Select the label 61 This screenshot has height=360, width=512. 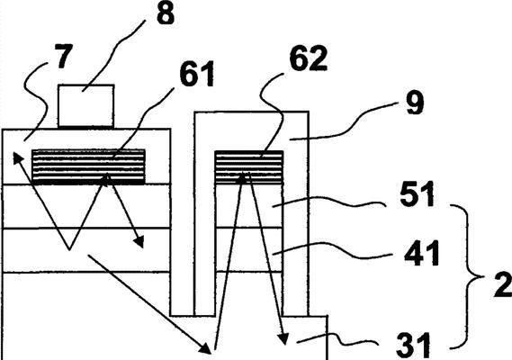[197, 74]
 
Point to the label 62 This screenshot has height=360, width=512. [309, 58]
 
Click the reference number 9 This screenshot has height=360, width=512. [416, 103]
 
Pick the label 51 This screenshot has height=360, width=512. [418, 194]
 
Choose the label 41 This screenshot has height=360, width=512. [422, 253]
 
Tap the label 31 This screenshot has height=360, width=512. [414, 346]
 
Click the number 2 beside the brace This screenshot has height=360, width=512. [502, 285]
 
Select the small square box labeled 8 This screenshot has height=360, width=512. [86, 105]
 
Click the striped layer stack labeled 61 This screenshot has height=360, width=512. [88, 166]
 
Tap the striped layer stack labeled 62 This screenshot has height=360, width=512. [249, 167]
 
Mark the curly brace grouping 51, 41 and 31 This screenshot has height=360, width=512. [468, 277]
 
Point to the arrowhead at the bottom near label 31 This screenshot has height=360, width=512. [283, 338]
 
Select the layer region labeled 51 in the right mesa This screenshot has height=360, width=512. [249, 206]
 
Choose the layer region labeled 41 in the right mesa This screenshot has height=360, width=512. [249, 249]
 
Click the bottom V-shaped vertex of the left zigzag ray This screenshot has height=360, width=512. [69, 250]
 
